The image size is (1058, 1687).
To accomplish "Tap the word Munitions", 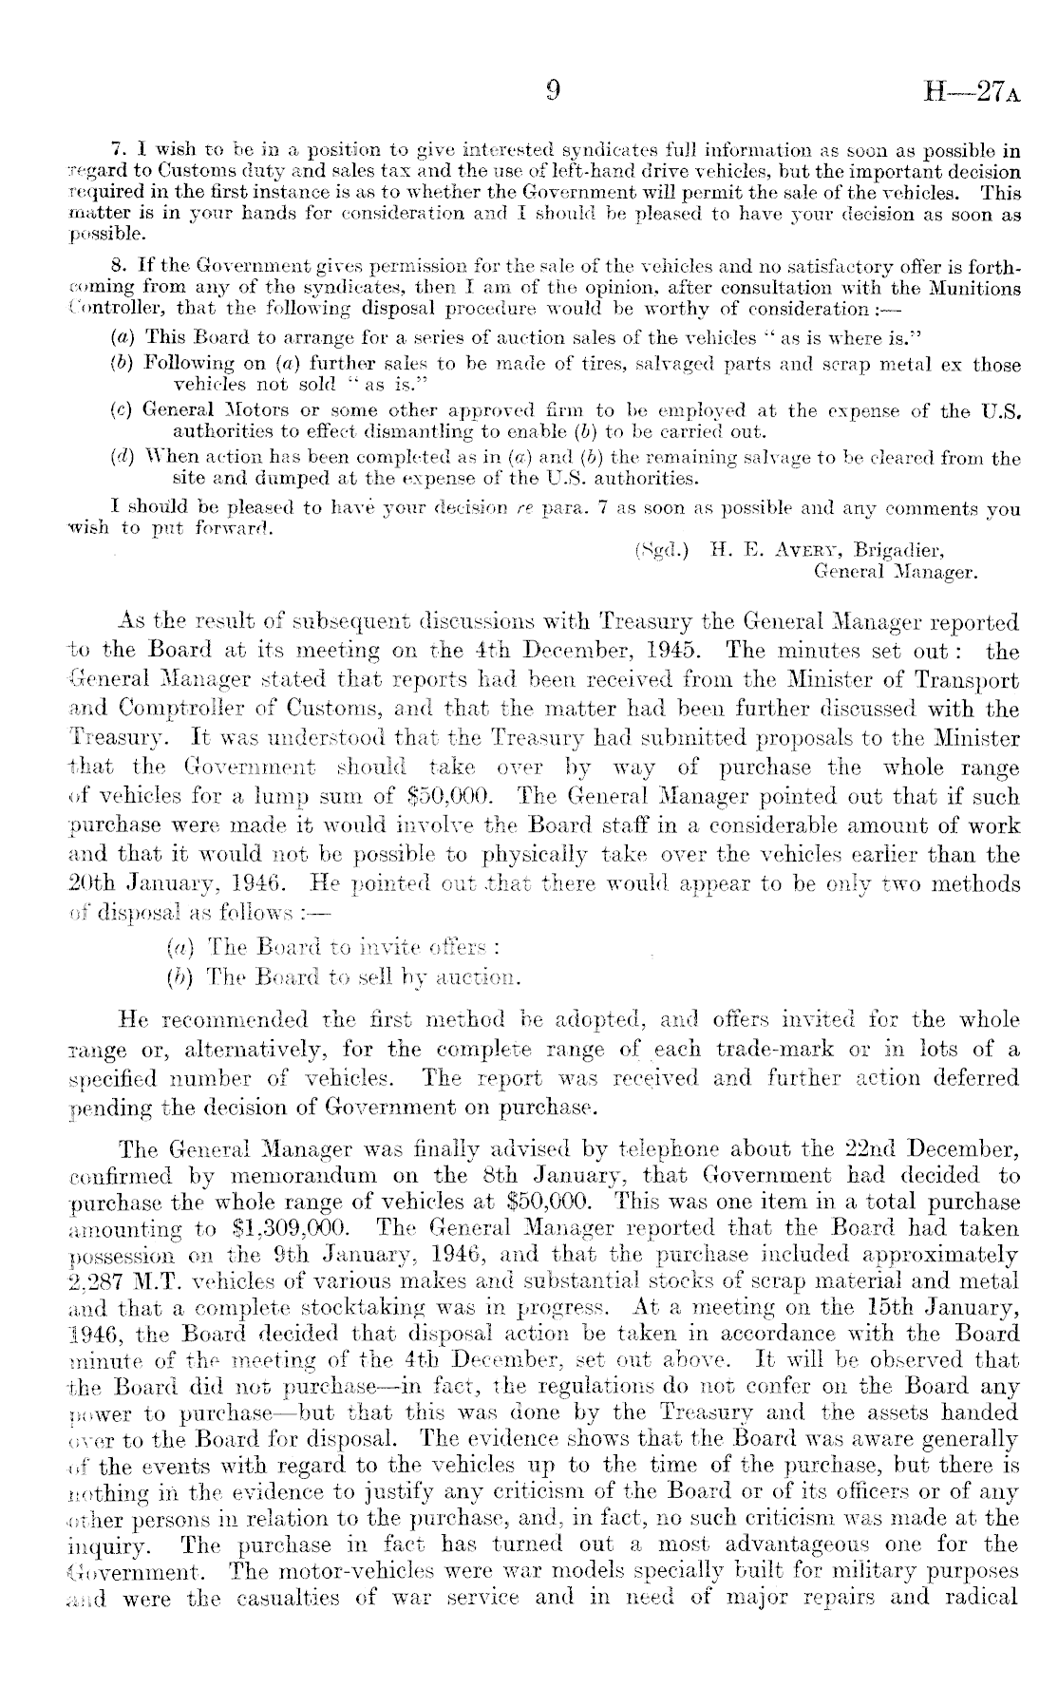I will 971,289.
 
